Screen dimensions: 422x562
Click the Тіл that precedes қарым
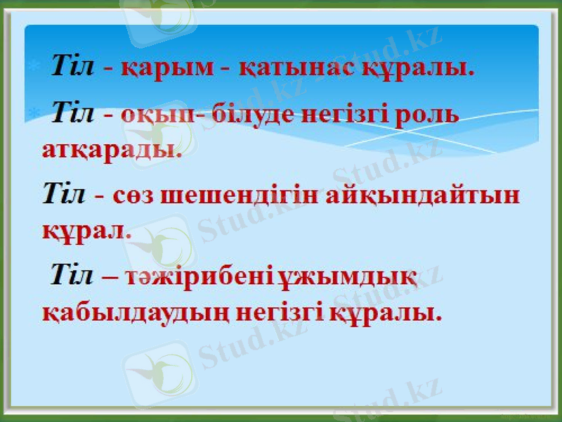[73, 68]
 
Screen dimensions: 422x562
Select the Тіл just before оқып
[73, 113]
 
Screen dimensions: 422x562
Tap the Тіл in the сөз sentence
[64, 193]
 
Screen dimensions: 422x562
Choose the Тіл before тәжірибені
[72, 275]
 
